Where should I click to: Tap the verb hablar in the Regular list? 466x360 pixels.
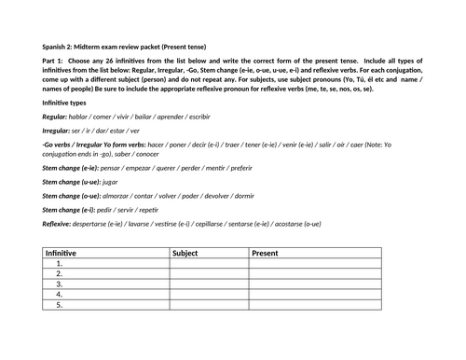[85, 119]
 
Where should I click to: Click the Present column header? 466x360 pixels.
[265, 253]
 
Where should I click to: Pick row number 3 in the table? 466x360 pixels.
[59, 279]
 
